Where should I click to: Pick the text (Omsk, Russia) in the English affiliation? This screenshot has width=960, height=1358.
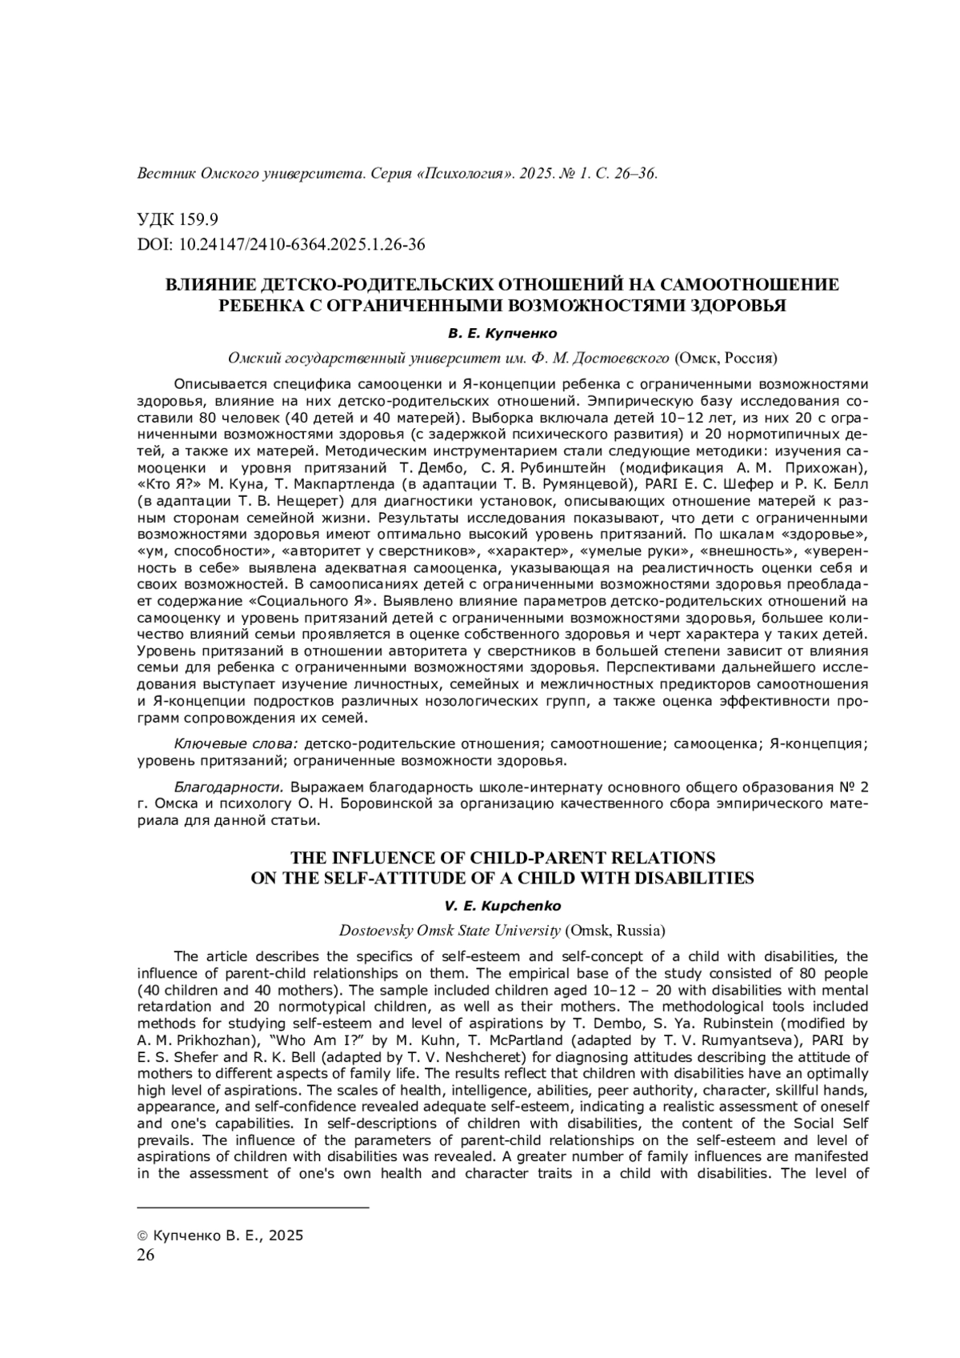coord(615,931)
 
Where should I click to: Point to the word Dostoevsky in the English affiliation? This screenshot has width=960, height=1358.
coord(374,931)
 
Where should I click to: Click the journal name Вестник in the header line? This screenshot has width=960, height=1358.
coord(166,174)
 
